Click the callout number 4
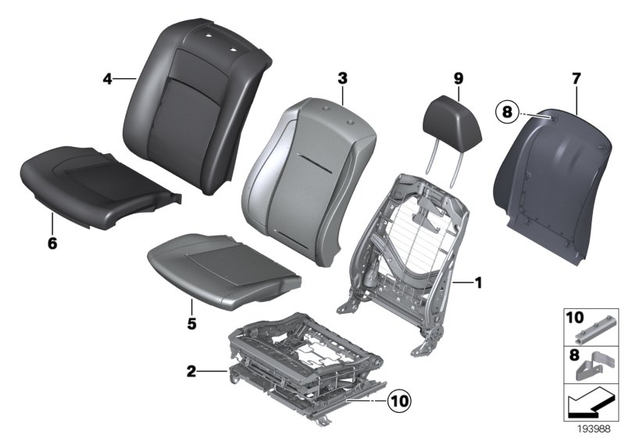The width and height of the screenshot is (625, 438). [x=108, y=79]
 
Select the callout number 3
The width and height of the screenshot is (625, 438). [x=343, y=78]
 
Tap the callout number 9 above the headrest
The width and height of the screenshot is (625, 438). [x=459, y=79]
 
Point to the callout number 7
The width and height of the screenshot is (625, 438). [x=577, y=79]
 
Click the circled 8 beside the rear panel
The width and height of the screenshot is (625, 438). [x=507, y=112]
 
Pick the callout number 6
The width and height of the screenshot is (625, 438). [x=52, y=243]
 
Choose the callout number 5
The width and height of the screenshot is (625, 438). [x=191, y=324]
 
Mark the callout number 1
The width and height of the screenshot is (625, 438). [x=478, y=283]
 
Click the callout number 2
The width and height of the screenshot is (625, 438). [x=191, y=372]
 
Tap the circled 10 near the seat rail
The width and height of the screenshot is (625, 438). [x=400, y=401]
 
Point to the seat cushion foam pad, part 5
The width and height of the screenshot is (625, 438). [x=224, y=271]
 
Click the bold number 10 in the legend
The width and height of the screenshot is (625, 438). [x=575, y=318]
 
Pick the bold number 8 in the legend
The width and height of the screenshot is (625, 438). [x=574, y=354]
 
